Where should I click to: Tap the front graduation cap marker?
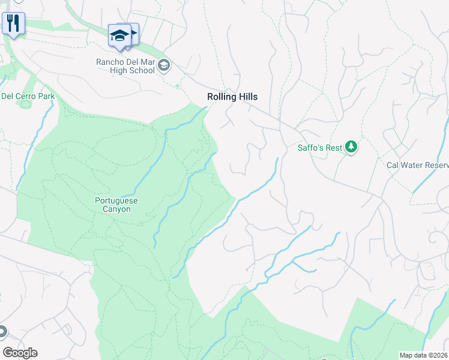tap(119, 35)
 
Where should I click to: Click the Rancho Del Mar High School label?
tap(125, 66)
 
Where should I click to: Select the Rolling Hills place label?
tap(232, 97)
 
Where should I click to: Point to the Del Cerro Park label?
tap(28, 96)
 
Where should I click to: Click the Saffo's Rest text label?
tap(320, 148)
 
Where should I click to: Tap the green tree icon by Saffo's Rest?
tap(351, 147)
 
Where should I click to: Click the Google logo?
tap(19, 353)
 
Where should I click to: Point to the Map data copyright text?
tap(424, 355)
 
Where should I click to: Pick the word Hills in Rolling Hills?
tap(247, 97)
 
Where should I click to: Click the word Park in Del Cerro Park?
tap(46, 96)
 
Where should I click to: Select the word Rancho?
tap(110, 62)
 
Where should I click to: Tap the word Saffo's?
tap(312, 148)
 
